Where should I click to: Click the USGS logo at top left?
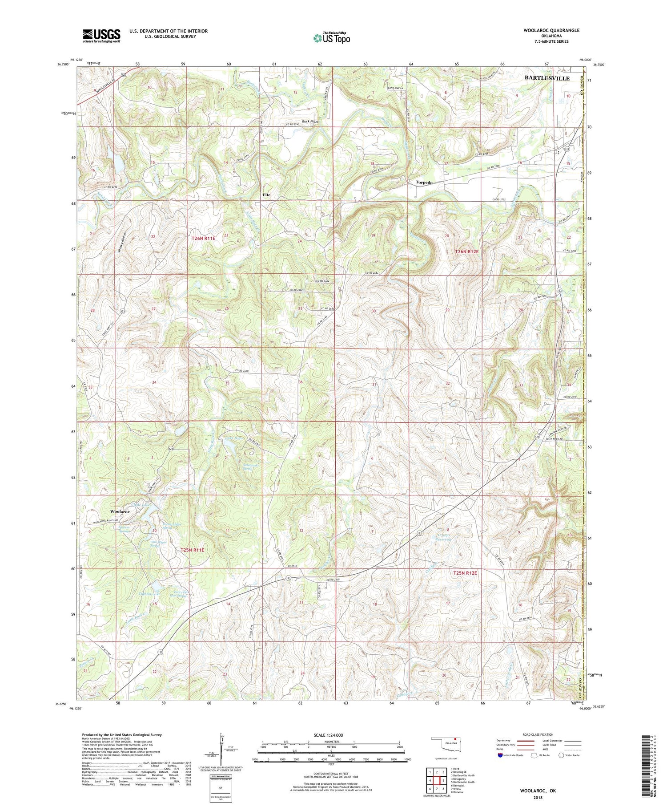101,36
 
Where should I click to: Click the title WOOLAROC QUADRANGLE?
552,30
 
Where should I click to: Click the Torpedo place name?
424,182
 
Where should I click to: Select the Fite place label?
266,195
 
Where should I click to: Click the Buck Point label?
310,121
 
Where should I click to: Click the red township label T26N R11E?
203,239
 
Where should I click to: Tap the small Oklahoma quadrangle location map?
450,744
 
